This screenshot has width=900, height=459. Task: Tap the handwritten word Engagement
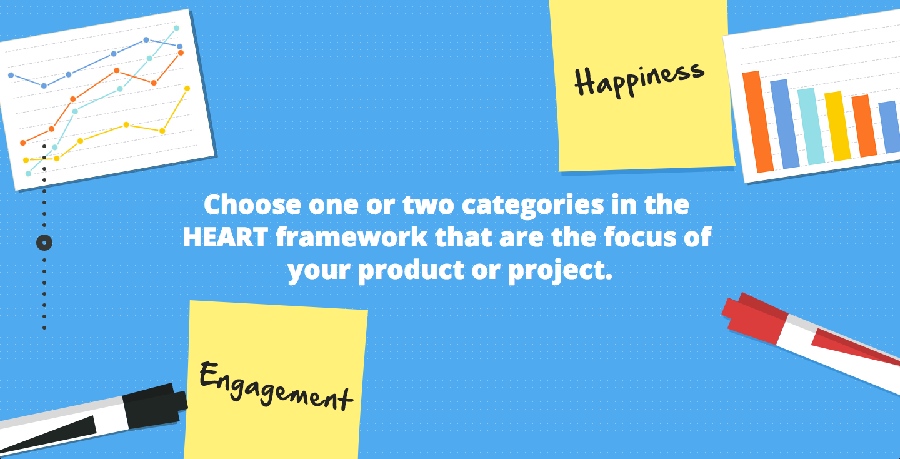point(276,386)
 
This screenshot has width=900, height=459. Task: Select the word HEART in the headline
point(226,237)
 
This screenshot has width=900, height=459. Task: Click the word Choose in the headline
point(252,204)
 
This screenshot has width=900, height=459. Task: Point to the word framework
point(351,237)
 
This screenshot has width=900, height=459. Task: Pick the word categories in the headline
point(532,206)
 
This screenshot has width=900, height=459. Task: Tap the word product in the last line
point(411,270)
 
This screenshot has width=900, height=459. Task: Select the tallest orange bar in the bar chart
point(758,122)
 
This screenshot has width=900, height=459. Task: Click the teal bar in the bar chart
point(811,126)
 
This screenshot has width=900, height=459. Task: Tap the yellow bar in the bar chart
point(837,126)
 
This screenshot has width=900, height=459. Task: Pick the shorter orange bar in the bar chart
point(864,126)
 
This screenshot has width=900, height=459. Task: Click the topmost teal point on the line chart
point(176,28)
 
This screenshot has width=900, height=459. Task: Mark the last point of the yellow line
point(187,88)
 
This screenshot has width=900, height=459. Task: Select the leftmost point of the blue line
point(11,75)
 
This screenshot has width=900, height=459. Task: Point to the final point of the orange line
point(181,53)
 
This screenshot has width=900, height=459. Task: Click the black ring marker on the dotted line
point(44,243)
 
